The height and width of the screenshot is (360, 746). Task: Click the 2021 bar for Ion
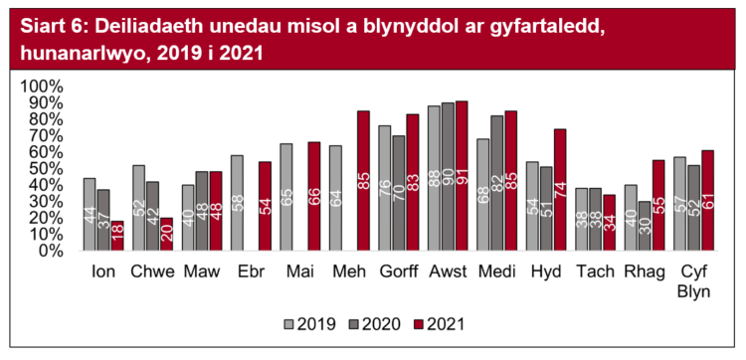[x=118, y=236]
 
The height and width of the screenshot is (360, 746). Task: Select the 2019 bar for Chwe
[x=138, y=208]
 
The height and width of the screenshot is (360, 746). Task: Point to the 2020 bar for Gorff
[x=398, y=193]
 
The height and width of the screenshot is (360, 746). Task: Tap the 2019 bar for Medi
[x=482, y=195]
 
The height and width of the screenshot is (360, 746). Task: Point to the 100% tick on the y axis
[x=43, y=87]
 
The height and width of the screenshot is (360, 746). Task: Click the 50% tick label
[x=47, y=169]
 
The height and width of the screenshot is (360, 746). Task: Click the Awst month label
[x=447, y=270]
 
